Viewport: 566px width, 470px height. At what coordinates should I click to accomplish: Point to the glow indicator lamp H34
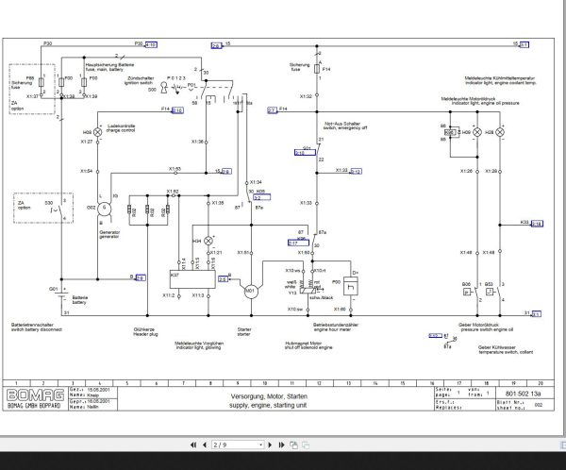[x=208, y=242]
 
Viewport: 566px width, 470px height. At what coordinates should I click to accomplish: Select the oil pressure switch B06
[x=468, y=292]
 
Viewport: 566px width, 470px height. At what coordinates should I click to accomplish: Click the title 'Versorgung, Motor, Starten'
[x=267, y=394]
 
